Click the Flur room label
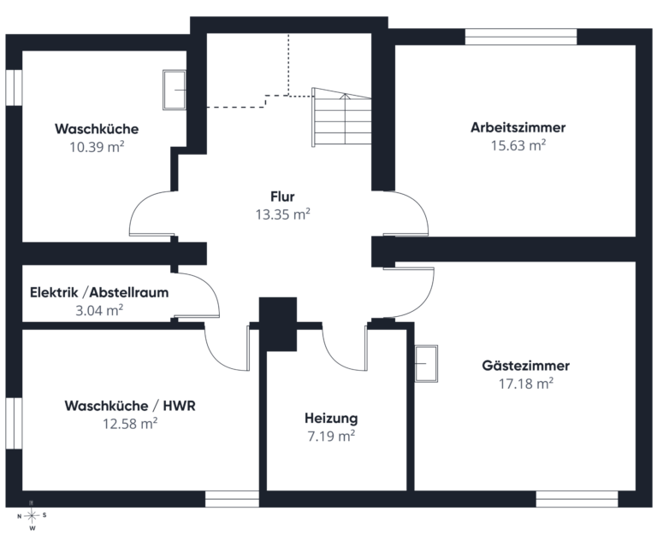[x=282, y=197]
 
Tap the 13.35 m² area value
[x=283, y=214]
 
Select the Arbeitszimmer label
[x=518, y=127]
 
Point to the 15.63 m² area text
[x=518, y=145]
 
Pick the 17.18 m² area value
[x=526, y=384]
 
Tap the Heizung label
[x=331, y=418]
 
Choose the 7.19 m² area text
[x=331, y=436]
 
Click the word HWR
[x=180, y=406]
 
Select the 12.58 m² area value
[x=130, y=424]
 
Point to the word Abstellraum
[x=129, y=292]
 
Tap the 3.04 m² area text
[x=99, y=310]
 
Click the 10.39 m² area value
[x=97, y=147]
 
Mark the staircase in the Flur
[x=341, y=117]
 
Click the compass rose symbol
[x=32, y=515]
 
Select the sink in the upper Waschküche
[x=175, y=90]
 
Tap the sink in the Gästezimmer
[x=426, y=363]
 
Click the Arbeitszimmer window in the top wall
[x=521, y=37]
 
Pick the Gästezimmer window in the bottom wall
[x=577, y=499]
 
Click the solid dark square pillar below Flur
[x=278, y=325]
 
